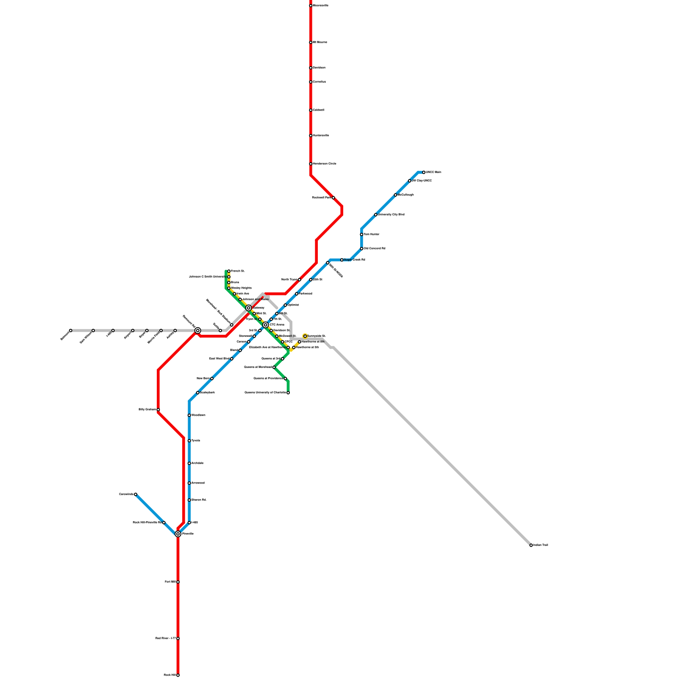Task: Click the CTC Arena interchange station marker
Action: click(x=266, y=325)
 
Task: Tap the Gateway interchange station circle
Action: click(x=249, y=308)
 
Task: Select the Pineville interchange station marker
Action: click(x=178, y=534)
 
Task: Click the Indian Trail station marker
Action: click(x=531, y=545)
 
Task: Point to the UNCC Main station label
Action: click(x=433, y=172)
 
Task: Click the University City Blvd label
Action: click(x=391, y=215)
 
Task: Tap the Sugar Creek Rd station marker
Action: click(x=342, y=260)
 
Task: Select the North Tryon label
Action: click(x=289, y=280)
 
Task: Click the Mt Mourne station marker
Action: click(x=311, y=42)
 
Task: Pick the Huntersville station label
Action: click(x=321, y=136)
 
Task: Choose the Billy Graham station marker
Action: click(x=158, y=410)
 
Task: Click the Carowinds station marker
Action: click(x=136, y=495)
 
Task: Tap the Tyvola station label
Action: click(x=195, y=441)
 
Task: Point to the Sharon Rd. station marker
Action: click(x=189, y=500)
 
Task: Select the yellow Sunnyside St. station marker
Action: click(x=305, y=336)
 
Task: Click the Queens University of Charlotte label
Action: click(x=265, y=393)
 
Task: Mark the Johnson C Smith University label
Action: click(x=207, y=277)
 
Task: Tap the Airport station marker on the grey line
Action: click(x=133, y=331)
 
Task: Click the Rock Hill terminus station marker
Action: click(x=178, y=675)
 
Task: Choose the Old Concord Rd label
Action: click(x=375, y=249)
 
